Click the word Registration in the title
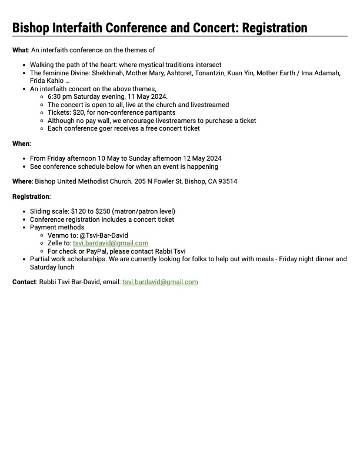click(x=271, y=28)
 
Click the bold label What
click(x=20, y=50)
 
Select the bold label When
click(x=21, y=143)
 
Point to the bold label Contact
click(x=24, y=282)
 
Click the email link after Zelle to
click(x=111, y=243)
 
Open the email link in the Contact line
click(x=160, y=282)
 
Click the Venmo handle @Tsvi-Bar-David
click(x=104, y=235)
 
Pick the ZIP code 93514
click(x=226, y=181)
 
